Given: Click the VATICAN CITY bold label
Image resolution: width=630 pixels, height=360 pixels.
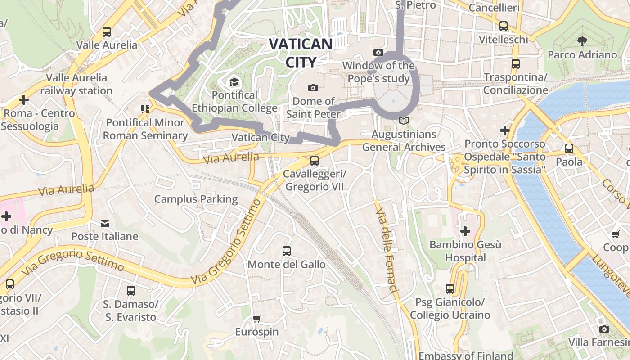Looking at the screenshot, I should [x=300, y=53].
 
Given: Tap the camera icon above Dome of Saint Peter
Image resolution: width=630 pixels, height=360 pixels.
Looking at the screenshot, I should [x=313, y=88].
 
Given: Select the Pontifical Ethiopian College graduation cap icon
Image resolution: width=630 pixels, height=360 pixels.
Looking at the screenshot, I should [x=234, y=82].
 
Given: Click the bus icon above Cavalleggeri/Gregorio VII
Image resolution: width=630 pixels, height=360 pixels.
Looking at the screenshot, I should [x=315, y=160].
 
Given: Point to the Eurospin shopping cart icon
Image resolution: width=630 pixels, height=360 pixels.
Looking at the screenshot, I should [x=256, y=319].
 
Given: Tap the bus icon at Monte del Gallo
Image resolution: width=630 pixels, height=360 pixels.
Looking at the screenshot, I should [x=287, y=251].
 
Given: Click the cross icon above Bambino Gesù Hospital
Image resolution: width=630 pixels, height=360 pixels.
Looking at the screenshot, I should [x=465, y=231].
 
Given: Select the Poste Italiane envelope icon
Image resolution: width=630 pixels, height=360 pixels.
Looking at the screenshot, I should [x=105, y=223].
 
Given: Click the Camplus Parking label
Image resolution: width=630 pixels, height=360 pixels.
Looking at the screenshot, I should [x=196, y=199].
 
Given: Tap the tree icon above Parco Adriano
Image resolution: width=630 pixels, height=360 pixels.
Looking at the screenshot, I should [x=582, y=41].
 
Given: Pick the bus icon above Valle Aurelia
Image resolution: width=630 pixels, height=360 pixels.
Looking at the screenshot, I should [x=107, y=32].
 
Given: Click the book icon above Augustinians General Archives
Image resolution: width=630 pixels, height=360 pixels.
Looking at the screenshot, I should [x=404, y=121].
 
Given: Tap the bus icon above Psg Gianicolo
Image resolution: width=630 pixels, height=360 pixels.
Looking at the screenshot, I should [x=450, y=288].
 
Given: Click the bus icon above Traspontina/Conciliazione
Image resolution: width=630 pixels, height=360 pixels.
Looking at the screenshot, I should [x=516, y=64].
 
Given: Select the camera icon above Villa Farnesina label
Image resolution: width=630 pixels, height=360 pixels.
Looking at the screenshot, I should [x=604, y=329].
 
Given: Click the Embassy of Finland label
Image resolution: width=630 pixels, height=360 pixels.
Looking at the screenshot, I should [x=466, y=355].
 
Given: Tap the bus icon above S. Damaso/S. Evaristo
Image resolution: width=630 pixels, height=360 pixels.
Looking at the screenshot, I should [x=131, y=291].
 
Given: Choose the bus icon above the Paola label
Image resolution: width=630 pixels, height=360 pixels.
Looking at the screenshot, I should [x=569, y=148].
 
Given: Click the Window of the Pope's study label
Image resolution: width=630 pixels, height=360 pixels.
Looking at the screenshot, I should [x=378, y=72].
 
